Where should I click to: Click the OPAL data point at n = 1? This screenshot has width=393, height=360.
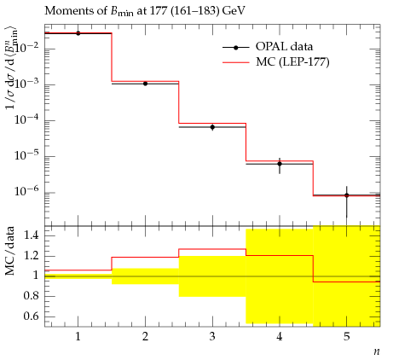pos(78,33)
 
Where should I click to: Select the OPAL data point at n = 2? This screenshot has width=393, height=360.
pos(145,84)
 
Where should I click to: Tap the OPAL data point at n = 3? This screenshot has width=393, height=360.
pos(212,127)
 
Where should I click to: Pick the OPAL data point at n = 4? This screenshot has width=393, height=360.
pos(280,164)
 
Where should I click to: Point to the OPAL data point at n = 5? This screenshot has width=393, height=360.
pos(347,195)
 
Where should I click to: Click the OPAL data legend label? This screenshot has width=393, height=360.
pos(284,46)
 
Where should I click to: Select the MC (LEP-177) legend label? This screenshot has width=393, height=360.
pos(292,61)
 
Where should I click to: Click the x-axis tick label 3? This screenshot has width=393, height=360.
pos(212,337)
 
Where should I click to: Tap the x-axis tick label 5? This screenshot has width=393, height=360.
pos(347,337)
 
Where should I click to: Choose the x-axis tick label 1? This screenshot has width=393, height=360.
pos(78,337)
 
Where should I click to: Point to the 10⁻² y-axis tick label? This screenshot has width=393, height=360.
pos(27,48)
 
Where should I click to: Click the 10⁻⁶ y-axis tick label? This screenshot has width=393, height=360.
pos(27,191)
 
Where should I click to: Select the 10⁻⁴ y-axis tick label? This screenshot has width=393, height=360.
pos(27,119)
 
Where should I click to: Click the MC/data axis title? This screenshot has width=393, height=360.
pos(10,251)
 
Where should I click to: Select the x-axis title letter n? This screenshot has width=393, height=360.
pos(377,351)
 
